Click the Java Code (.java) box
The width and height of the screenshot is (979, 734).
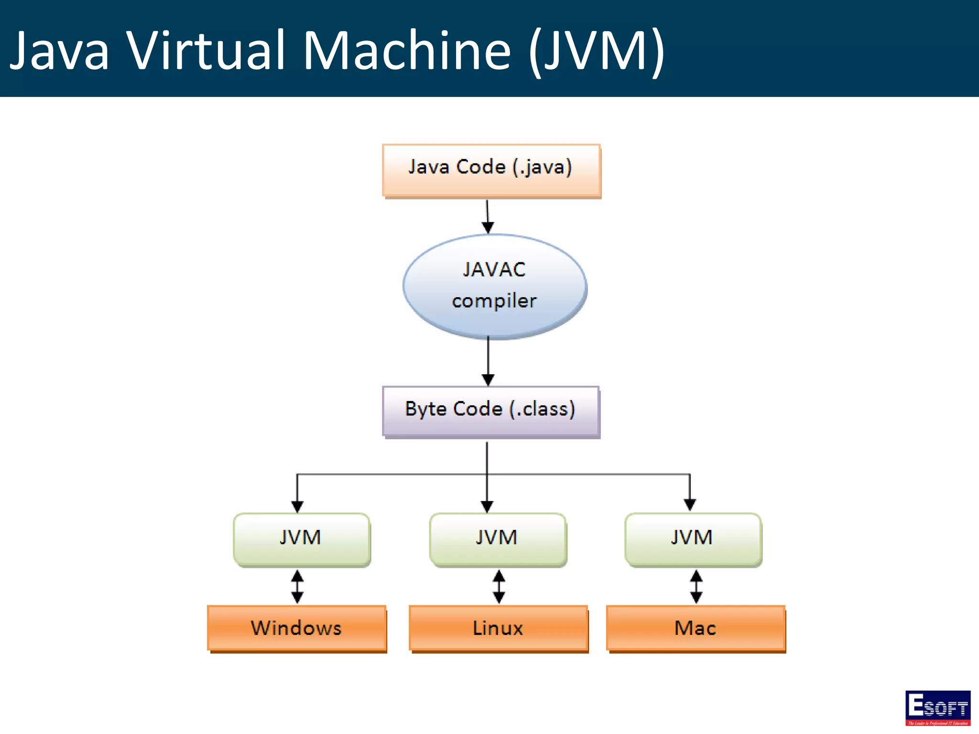(x=491, y=170)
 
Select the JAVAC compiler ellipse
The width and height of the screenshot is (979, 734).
(x=494, y=286)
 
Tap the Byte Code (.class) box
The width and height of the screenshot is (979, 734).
(x=490, y=411)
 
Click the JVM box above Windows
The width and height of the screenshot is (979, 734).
(x=302, y=540)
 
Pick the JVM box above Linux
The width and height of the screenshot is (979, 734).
(x=498, y=540)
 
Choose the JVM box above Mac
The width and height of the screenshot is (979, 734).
(x=693, y=540)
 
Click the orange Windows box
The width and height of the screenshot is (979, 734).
(x=297, y=628)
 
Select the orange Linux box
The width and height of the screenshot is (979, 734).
(x=498, y=628)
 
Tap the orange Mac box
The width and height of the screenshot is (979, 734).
(x=696, y=628)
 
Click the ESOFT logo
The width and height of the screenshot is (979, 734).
(x=937, y=708)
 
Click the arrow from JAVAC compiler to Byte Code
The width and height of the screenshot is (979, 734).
(x=488, y=361)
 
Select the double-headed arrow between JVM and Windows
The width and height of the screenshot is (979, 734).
(x=297, y=586)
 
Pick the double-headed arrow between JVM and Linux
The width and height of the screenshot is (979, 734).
(x=499, y=586)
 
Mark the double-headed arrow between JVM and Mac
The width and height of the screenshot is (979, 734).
(x=696, y=586)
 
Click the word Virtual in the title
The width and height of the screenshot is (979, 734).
(x=206, y=50)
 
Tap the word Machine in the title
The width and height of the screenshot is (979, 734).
(x=407, y=50)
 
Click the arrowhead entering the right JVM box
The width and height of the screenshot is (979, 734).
(x=689, y=505)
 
